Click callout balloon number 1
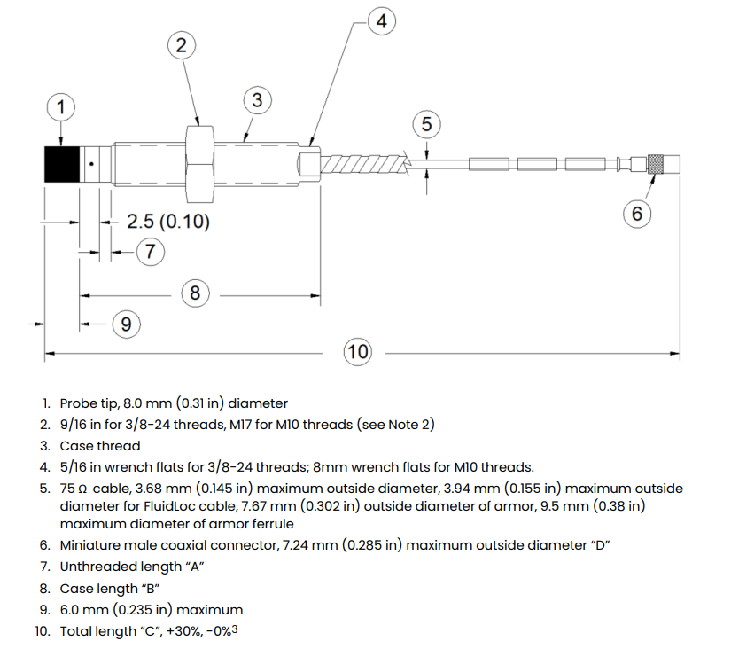[x=60, y=108]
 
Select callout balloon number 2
[x=181, y=46]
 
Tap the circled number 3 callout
[x=256, y=101]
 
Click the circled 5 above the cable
[x=426, y=125]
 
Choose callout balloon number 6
[x=636, y=214]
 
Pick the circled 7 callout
[x=150, y=252]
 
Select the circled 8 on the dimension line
[x=195, y=293]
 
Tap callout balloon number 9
[x=126, y=324]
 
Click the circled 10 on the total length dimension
[x=357, y=352]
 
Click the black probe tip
[x=61, y=163]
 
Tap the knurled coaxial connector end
[x=657, y=164]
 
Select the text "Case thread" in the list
[x=100, y=446]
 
